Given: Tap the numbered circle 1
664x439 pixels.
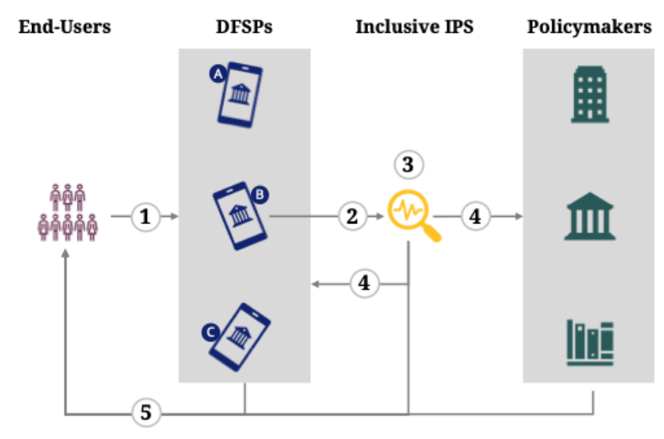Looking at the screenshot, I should pyautogui.click(x=145, y=216).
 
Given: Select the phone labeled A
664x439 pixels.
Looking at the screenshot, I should pyautogui.click(x=240, y=95).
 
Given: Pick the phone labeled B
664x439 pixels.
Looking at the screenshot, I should pyautogui.click(x=240, y=215).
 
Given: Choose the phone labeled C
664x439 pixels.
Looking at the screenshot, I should pyautogui.click(x=240, y=337).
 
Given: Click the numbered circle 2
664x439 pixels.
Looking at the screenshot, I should pyautogui.click(x=353, y=216).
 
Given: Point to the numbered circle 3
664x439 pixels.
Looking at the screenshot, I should pyautogui.click(x=409, y=165).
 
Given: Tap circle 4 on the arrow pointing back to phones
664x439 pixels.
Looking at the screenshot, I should pyautogui.click(x=364, y=284).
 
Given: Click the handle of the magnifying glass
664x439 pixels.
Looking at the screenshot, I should pyautogui.click(x=432, y=233).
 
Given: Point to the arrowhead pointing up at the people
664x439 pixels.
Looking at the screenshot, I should pyautogui.click(x=66, y=252).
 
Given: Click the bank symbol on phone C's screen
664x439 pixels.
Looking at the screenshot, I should pyautogui.click(x=238, y=337).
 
